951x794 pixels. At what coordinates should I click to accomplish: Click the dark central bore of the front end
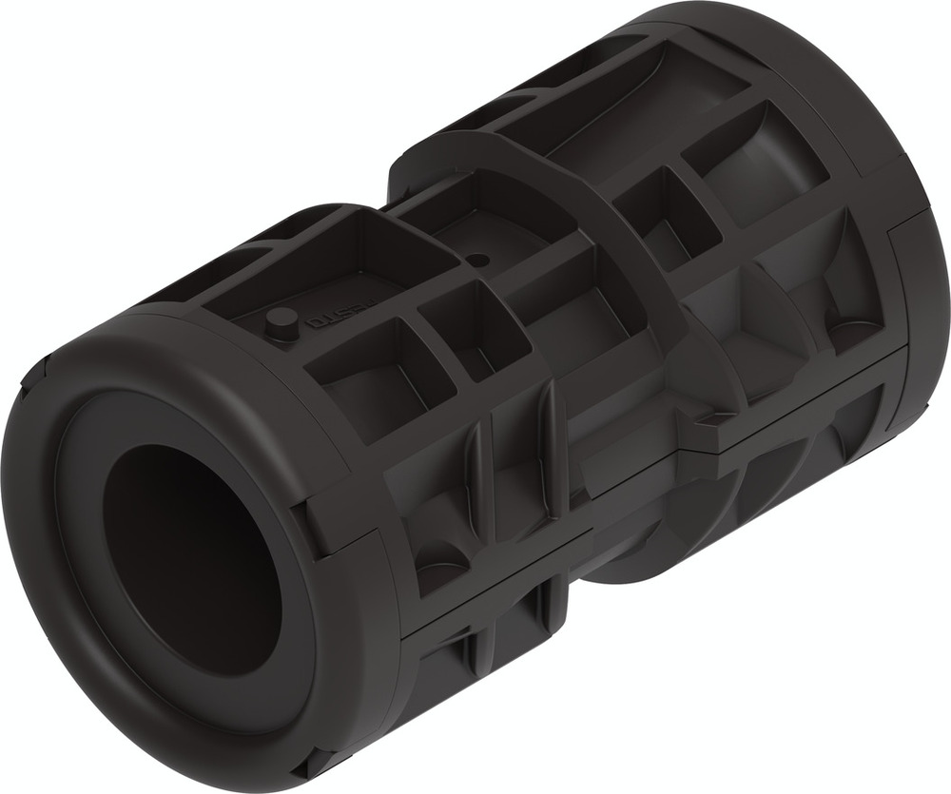(190, 561)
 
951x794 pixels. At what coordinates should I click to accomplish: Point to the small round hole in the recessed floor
(479, 259)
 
